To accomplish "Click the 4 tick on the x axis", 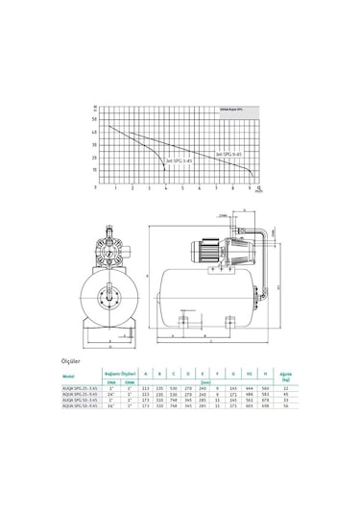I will (x=165, y=190).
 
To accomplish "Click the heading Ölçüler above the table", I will (x=97, y=363).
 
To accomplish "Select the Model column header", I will (x=94, y=377).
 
